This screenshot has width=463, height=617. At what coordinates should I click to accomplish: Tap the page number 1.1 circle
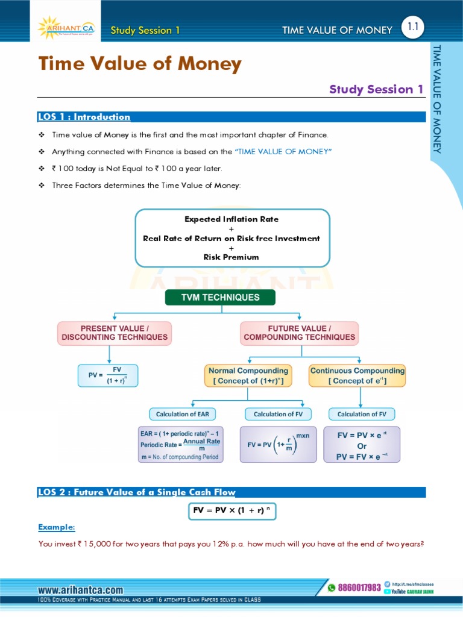tap(413, 27)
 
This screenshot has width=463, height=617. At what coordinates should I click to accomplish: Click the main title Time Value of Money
tap(140, 64)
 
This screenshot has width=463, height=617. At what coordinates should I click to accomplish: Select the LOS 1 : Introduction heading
tap(84, 117)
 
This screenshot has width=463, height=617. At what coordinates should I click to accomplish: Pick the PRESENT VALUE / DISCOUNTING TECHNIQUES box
tap(115, 333)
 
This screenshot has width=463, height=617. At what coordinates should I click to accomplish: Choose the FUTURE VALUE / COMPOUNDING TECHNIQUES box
tap(299, 333)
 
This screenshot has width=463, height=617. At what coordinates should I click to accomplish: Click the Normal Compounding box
tap(248, 375)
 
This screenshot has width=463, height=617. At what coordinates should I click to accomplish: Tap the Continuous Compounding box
tap(357, 375)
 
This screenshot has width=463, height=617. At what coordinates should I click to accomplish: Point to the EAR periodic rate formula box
tap(180, 445)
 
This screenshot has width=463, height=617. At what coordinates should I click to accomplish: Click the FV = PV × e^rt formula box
tap(361, 445)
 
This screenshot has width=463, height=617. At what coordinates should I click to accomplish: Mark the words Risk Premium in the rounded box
tap(231, 257)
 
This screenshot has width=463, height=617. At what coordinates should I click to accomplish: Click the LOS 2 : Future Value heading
tap(136, 492)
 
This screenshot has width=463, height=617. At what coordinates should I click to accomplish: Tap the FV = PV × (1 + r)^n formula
tap(232, 510)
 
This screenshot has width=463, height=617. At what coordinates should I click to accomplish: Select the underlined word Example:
tap(57, 527)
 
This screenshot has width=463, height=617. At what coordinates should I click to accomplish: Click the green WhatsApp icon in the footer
tap(331, 587)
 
